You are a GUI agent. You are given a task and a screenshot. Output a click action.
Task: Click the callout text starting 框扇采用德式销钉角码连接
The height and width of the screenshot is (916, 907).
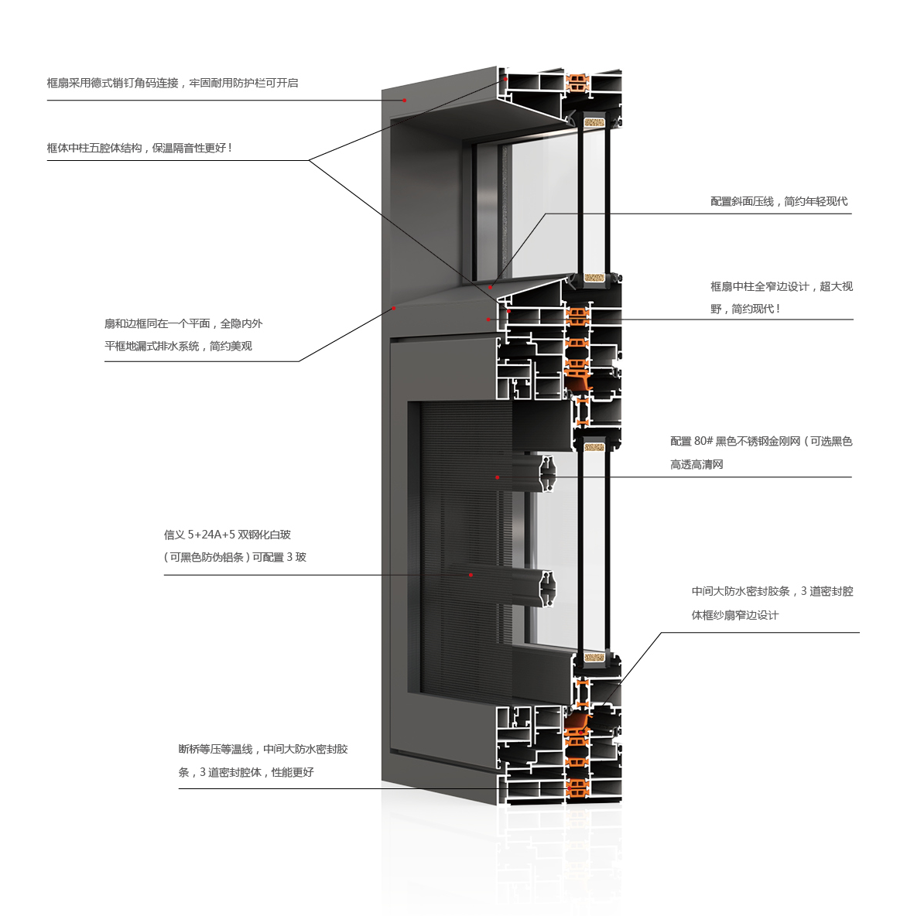(173, 83)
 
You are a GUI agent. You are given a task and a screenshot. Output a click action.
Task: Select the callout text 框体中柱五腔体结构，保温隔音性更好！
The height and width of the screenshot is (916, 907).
(139, 149)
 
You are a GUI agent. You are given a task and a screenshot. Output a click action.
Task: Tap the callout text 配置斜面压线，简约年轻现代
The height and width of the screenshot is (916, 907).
(779, 202)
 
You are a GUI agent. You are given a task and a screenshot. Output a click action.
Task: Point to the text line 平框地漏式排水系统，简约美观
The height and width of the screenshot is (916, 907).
(178, 347)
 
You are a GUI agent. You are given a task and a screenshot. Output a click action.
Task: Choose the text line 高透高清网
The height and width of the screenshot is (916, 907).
(697, 464)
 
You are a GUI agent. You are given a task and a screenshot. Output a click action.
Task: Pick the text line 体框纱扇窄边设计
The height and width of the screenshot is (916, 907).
(735, 615)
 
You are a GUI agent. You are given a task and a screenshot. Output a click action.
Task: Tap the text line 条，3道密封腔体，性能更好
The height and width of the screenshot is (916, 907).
(246, 772)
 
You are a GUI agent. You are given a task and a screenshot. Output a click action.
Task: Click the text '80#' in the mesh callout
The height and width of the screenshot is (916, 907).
(703, 441)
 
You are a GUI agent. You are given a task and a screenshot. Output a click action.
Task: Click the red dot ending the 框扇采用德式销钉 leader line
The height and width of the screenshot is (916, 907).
(405, 101)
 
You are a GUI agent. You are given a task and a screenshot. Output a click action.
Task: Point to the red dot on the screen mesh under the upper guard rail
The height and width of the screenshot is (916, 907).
(498, 477)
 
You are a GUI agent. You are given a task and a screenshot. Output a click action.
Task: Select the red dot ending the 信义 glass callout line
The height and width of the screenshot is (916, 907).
(471, 576)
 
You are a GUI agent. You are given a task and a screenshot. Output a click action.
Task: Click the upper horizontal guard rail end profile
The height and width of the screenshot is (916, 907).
(547, 473)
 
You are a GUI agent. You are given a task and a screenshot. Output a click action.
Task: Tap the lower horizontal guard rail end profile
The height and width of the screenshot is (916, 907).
(547, 589)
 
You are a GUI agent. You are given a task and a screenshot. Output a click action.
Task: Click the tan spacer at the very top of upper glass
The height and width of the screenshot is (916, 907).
(594, 123)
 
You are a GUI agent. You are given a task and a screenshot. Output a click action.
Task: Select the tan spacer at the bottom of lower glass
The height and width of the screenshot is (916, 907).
(594, 657)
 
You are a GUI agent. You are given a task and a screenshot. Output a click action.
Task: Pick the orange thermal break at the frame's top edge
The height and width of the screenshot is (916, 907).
(577, 82)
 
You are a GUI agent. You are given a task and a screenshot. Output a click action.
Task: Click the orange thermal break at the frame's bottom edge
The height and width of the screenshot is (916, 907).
(577, 788)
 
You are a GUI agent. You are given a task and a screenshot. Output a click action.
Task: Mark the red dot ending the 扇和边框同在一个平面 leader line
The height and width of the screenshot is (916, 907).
(394, 308)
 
